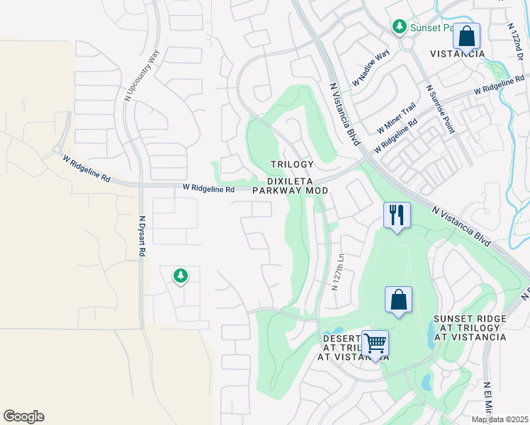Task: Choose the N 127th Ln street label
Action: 338,272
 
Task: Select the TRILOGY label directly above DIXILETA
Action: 291,164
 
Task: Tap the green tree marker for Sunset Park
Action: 400,27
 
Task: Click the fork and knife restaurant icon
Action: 396,213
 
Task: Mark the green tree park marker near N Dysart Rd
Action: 181,275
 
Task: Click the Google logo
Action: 23,416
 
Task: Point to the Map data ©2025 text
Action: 500,419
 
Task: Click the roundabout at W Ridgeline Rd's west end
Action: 56,150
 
